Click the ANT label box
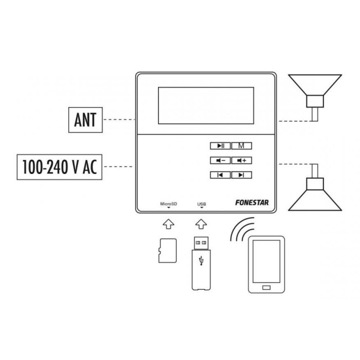coord(85,120)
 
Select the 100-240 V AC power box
coord(59,167)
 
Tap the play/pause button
coord(220,146)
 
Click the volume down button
coord(220,160)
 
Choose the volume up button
coord(241,160)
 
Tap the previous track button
coord(220,175)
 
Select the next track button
coord(241,175)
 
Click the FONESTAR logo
coord(252,202)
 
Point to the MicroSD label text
coord(168,203)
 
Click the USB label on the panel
coord(201,204)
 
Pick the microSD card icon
coord(167,250)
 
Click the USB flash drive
coord(201,263)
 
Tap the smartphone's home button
coord(266,287)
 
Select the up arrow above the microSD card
coord(168,224)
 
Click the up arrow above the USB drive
coord(201,224)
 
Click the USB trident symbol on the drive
coord(201,260)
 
